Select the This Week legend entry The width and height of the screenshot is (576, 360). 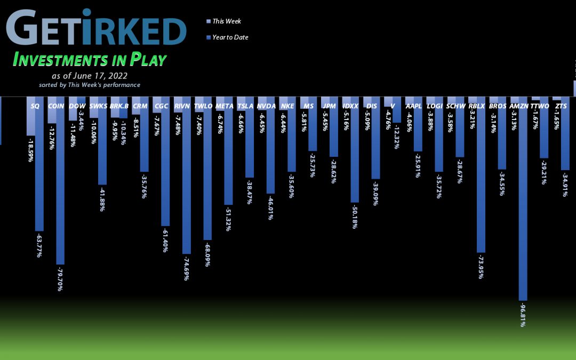(x=226, y=21)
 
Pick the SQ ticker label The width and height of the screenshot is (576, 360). (x=35, y=106)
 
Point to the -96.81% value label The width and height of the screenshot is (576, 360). (x=523, y=315)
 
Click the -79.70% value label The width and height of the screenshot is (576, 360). (x=60, y=278)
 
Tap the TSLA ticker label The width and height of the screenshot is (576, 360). (x=245, y=106)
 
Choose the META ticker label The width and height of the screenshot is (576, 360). (x=225, y=106)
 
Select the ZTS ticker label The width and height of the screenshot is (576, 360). (x=561, y=106)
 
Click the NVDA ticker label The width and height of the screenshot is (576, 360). (x=266, y=106)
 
